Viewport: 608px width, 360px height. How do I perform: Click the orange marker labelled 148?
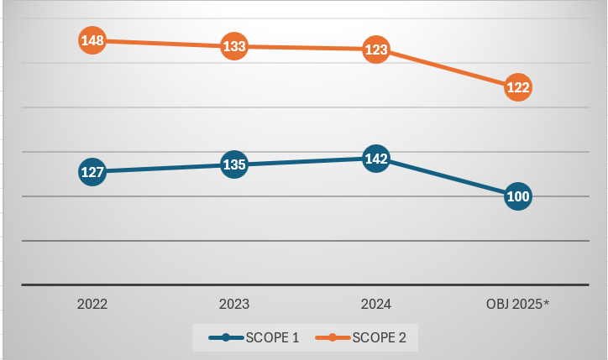92,40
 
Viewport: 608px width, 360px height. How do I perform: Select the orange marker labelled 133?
234,46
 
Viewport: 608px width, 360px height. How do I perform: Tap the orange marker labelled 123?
376,50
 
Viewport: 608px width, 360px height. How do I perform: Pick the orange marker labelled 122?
518,87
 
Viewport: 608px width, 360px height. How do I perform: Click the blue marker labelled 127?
92,172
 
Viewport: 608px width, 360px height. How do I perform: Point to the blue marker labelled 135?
234,164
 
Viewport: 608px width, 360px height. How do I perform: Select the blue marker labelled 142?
376,158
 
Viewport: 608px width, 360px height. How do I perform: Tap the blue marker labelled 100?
518,197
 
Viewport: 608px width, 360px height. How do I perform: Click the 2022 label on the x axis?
92,304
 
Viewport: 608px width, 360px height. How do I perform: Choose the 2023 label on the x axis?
233,304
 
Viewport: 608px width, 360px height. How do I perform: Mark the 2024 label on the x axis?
375,304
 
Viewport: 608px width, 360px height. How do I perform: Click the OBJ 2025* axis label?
518,304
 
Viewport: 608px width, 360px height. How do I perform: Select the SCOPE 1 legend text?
274,338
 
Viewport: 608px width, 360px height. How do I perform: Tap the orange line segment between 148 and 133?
164,44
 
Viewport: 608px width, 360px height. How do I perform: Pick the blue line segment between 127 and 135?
164,168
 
